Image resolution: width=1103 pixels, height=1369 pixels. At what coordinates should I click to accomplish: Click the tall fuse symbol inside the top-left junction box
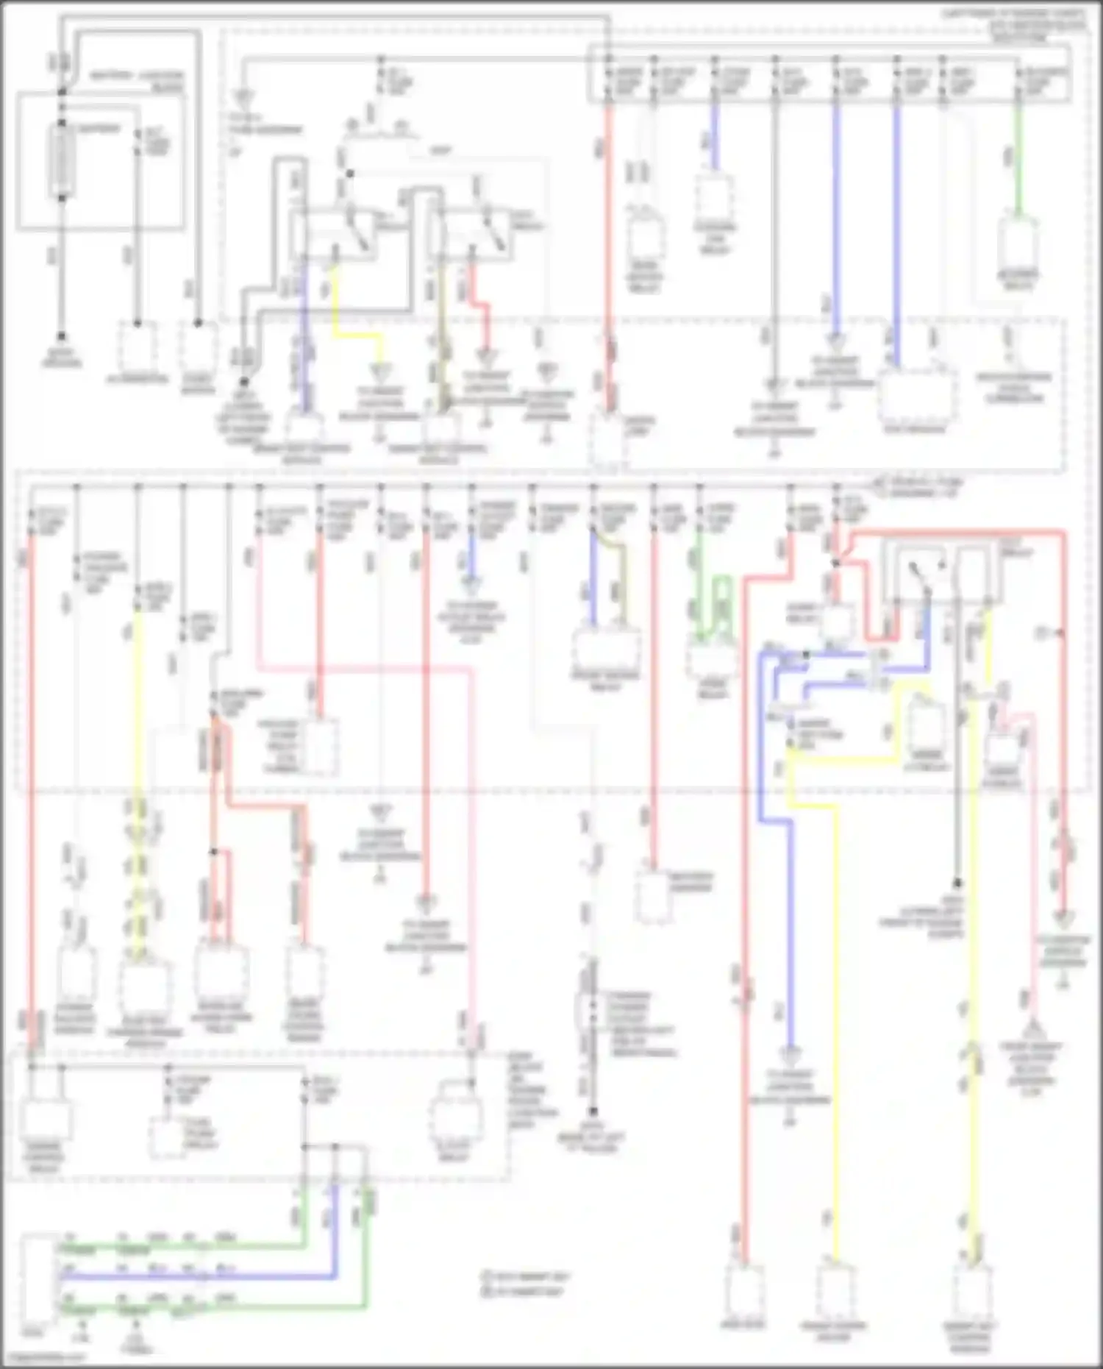coord(61,160)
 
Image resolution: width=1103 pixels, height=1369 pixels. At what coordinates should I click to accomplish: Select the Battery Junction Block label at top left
coord(136,81)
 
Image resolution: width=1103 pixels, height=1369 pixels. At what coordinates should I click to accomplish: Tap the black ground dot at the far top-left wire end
coord(62,335)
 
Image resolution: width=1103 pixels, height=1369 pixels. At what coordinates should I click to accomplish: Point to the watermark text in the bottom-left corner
coord(44,1358)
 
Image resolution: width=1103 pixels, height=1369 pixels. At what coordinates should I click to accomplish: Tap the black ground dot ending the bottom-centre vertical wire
coord(592,1112)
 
